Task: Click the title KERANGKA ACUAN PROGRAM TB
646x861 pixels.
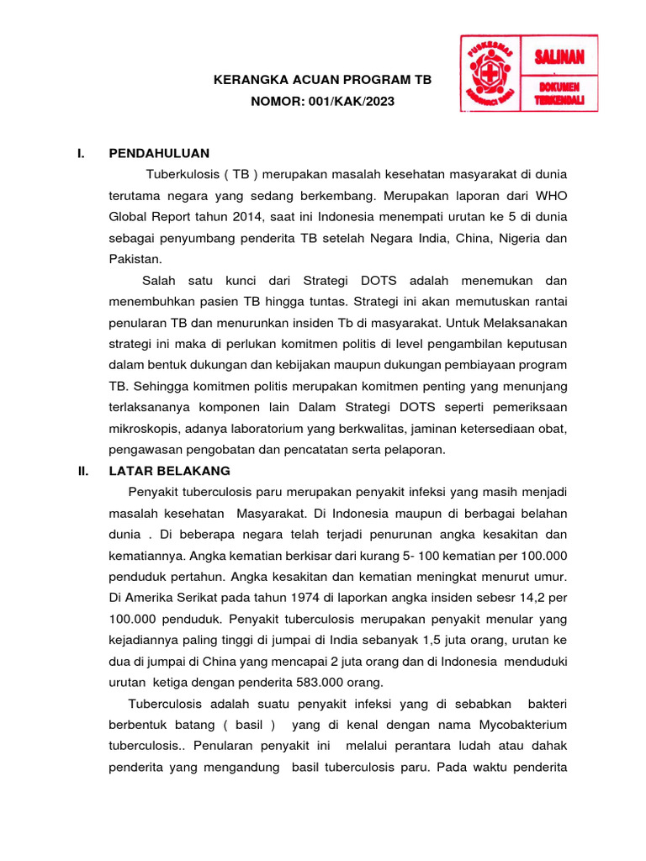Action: (x=322, y=80)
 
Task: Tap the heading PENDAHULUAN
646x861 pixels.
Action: (x=159, y=153)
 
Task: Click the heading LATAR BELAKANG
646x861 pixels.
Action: (x=169, y=471)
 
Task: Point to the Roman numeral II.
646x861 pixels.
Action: (x=82, y=471)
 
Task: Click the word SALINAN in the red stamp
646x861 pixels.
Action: (x=559, y=57)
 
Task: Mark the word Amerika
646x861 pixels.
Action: (x=153, y=598)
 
